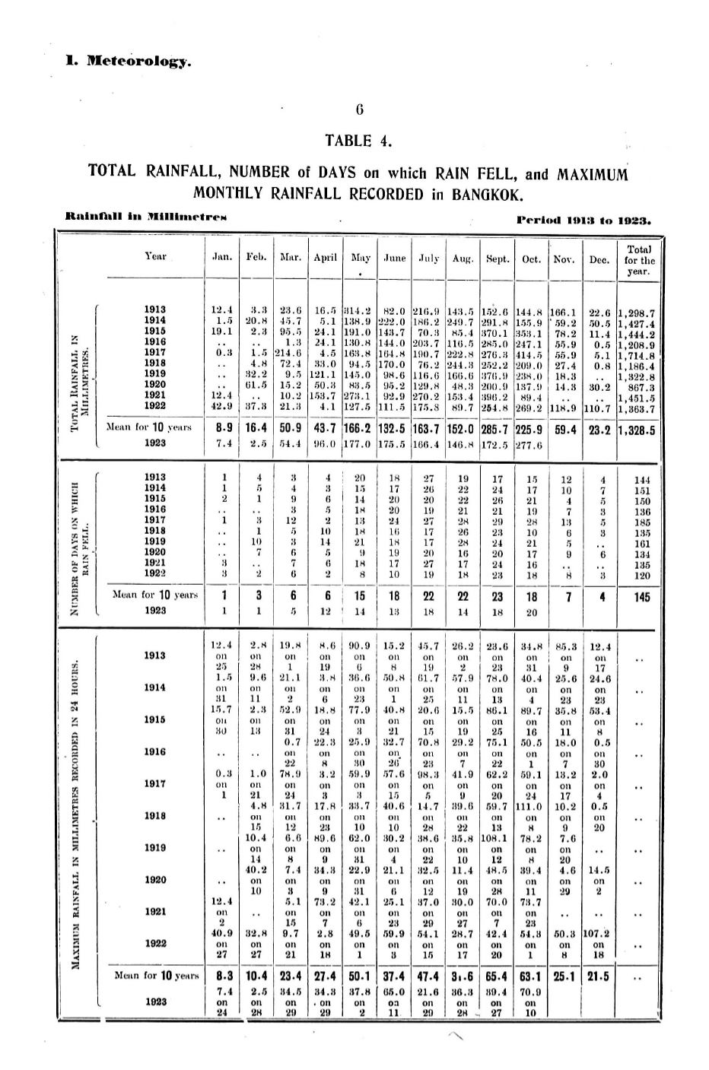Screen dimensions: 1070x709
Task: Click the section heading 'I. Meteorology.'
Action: click(x=128, y=59)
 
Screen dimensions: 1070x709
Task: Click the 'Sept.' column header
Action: click(x=497, y=259)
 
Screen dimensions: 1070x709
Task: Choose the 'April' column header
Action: click(x=325, y=259)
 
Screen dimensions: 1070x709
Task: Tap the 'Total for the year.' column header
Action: click(x=639, y=259)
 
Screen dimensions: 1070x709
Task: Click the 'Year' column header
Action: click(x=155, y=256)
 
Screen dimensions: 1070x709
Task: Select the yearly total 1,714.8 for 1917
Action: click(x=638, y=354)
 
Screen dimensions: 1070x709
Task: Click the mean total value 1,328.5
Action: click(x=638, y=430)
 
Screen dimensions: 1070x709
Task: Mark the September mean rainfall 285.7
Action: click(x=497, y=430)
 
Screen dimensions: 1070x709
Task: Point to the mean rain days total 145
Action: click(x=642, y=597)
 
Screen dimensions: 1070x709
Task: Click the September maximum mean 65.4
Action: click(x=497, y=975)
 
